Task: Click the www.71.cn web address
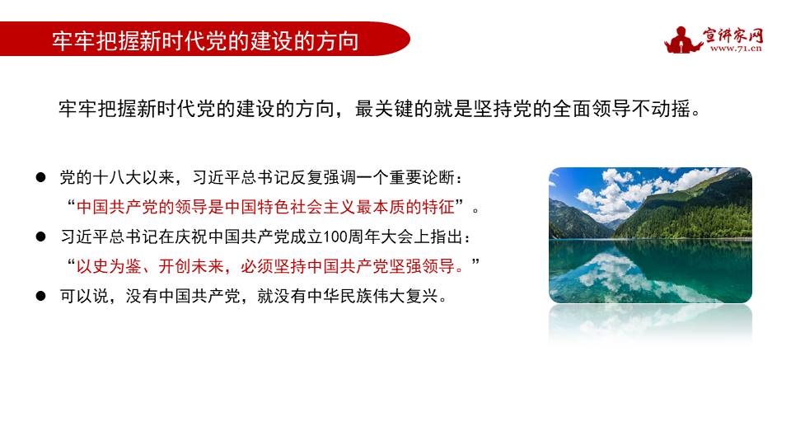pos(735,49)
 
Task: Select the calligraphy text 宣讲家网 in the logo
pos(733,34)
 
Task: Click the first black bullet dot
pos(40,177)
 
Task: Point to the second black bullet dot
pos(40,237)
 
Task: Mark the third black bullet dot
pos(40,296)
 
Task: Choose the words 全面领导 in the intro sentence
pos(596,109)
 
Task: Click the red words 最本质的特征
pos(407,206)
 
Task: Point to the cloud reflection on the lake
pos(626,268)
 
